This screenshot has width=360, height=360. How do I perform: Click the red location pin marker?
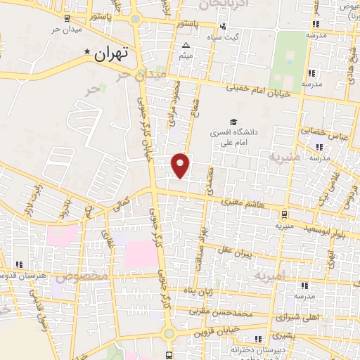click(x=181, y=165)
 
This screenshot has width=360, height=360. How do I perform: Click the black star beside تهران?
click(x=87, y=52)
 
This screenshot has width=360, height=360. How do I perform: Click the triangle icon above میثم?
click(x=186, y=46)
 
